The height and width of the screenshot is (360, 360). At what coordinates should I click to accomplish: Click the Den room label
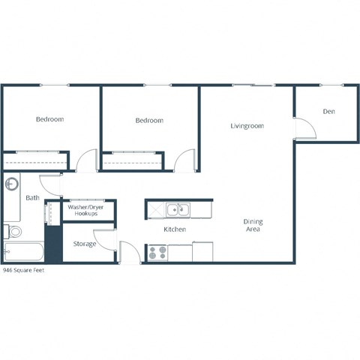click(x=328, y=112)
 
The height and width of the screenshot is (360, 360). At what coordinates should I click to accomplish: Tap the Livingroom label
click(x=247, y=126)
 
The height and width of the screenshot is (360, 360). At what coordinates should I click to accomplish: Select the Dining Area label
click(x=252, y=225)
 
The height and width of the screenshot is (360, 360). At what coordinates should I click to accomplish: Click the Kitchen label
click(x=175, y=229)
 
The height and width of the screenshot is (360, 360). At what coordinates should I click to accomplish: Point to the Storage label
click(x=84, y=244)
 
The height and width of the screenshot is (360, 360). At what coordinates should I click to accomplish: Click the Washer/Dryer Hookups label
click(x=85, y=210)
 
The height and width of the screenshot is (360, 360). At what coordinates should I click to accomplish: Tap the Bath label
click(x=32, y=198)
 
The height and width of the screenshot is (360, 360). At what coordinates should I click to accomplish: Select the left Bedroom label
click(x=49, y=119)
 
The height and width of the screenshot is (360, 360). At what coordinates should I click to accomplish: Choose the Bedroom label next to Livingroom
click(x=149, y=120)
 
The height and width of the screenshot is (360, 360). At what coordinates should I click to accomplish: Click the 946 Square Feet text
click(x=24, y=270)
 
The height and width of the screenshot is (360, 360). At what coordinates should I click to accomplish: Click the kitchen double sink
click(x=178, y=209)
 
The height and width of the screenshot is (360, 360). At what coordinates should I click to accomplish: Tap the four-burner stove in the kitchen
click(x=157, y=253)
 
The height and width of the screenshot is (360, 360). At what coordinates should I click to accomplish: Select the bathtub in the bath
click(x=23, y=252)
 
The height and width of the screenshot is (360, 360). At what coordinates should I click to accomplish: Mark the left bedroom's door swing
click(x=88, y=160)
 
